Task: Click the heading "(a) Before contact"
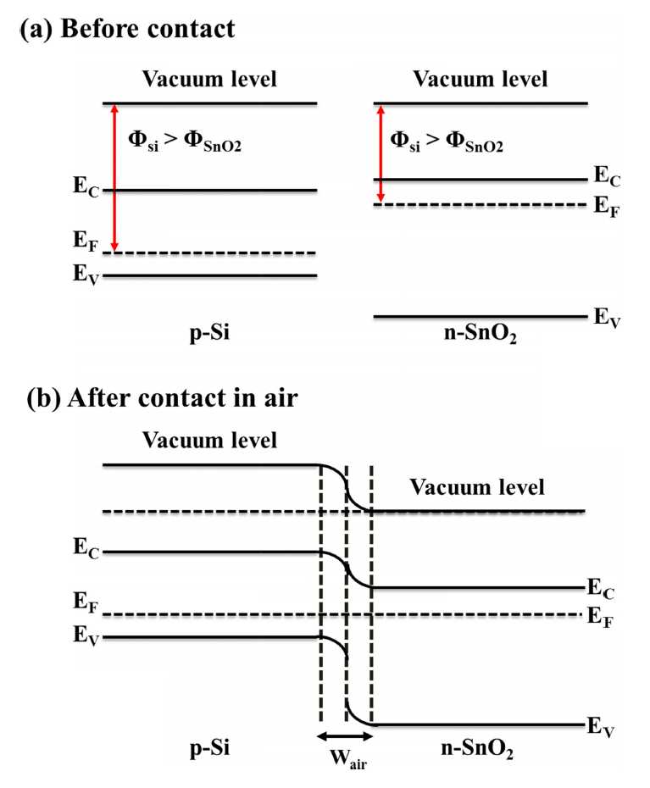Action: coord(127,30)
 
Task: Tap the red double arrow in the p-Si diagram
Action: coord(115,178)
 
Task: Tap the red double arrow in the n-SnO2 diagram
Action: coord(381,153)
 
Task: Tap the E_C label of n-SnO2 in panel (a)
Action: coord(603,177)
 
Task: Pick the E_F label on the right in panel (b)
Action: coord(598,616)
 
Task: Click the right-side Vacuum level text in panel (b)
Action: coord(477,487)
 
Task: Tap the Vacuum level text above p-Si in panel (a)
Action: coord(209,80)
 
